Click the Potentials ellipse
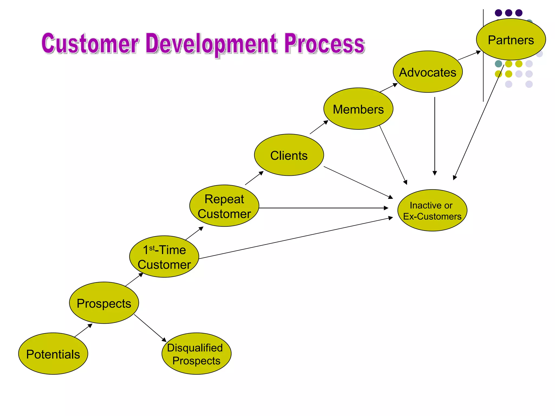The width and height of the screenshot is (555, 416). coord(53,354)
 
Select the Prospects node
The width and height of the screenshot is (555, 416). coord(104,303)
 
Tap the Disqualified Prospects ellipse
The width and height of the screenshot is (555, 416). coord(196,354)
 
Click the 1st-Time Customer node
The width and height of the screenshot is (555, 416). coord(164,256)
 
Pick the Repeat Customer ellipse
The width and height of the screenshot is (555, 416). coord(224,206)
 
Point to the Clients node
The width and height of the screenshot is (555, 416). coord(289,155)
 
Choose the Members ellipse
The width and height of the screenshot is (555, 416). coord(358,109)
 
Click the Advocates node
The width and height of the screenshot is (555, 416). coord(428,72)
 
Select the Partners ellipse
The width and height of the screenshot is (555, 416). coord(511,40)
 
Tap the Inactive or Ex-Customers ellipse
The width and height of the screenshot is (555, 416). coord(432,210)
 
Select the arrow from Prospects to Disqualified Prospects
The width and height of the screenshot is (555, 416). coord(150,328)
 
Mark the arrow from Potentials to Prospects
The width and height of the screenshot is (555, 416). coord(83,330)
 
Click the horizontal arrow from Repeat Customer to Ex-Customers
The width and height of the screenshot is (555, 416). coord(322,208)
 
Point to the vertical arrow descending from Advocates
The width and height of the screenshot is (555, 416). coord(435,135)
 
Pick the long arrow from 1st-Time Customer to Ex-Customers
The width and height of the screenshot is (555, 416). coord(295,238)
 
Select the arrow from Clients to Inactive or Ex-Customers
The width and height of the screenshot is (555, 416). coord(358,182)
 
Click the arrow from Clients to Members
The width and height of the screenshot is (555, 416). coord(319,127)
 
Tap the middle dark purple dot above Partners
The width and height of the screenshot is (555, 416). coord(509,13)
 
